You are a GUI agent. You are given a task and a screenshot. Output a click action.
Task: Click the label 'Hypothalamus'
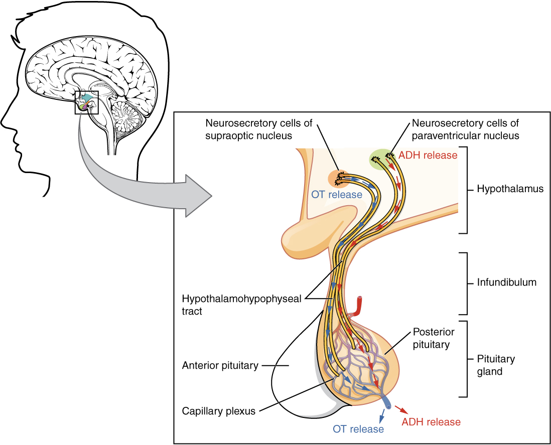(x=510, y=190)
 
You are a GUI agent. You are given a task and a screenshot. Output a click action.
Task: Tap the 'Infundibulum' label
(x=506, y=282)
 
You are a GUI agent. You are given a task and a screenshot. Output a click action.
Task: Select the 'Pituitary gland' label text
(x=496, y=365)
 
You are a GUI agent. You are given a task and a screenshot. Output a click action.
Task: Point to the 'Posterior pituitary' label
(x=433, y=338)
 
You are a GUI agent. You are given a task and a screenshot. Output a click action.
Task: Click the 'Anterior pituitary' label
(x=220, y=366)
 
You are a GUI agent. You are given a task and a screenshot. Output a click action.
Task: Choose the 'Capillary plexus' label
(x=218, y=411)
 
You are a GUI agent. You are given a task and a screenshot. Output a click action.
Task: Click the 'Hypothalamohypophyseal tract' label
(x=241, y=305)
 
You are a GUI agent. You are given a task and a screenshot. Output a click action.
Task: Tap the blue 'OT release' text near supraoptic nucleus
(x=336, y=195)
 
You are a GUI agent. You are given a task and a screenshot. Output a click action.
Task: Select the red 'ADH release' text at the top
(x=428, y=155)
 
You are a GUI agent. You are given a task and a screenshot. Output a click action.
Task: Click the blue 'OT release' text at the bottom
(x=358, y=429)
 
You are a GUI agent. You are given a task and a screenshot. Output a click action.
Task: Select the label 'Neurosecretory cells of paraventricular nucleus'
(x=465, y=129)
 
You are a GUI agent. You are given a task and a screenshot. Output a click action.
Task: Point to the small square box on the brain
(x=87, y=102)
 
